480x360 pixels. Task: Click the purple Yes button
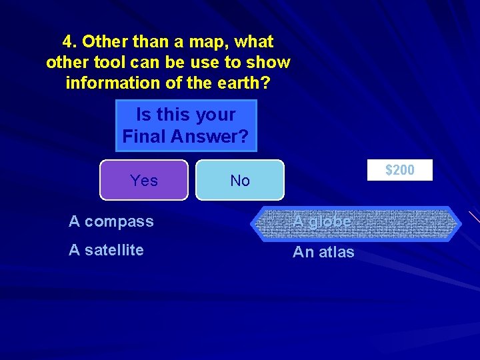click(144, 180)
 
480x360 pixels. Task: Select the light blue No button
click(240, 180)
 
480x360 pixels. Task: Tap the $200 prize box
click(400, 170)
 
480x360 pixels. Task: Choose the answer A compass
click(111, 221)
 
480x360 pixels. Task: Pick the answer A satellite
click(107, 250)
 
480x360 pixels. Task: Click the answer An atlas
click(323, 252)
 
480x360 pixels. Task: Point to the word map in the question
click(207, 42)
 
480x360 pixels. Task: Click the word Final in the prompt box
click(143, 137)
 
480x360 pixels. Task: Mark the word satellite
click(114, 250)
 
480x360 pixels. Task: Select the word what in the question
click(254, 42)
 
